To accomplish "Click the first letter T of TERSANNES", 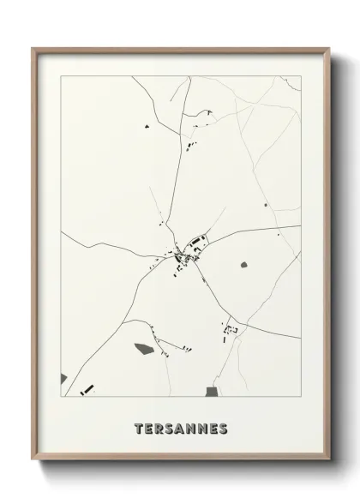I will pyautogui.click(x=139, y=426).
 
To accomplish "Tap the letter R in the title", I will pyautogui.click(x=161, y=426).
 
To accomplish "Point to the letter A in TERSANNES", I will pyautogui.click(x=183, y=426).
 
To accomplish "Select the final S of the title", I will pyautogui.click(x=225, y=426).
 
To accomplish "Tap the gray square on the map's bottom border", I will pyautogui.click(x=212, y=391).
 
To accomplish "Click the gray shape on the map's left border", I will pyautogui.click(x=63, y=377).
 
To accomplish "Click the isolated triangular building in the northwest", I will pyautogui.click(x=147, y=127).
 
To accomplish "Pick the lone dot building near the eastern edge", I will pyautogui.click(x=266, y=205).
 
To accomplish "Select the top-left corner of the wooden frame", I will pyautogui.click(x=33, y=49).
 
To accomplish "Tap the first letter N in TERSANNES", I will pyautogui.click(x=194, y=426).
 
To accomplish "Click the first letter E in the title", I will pyautogui.click(x=150, y=426).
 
